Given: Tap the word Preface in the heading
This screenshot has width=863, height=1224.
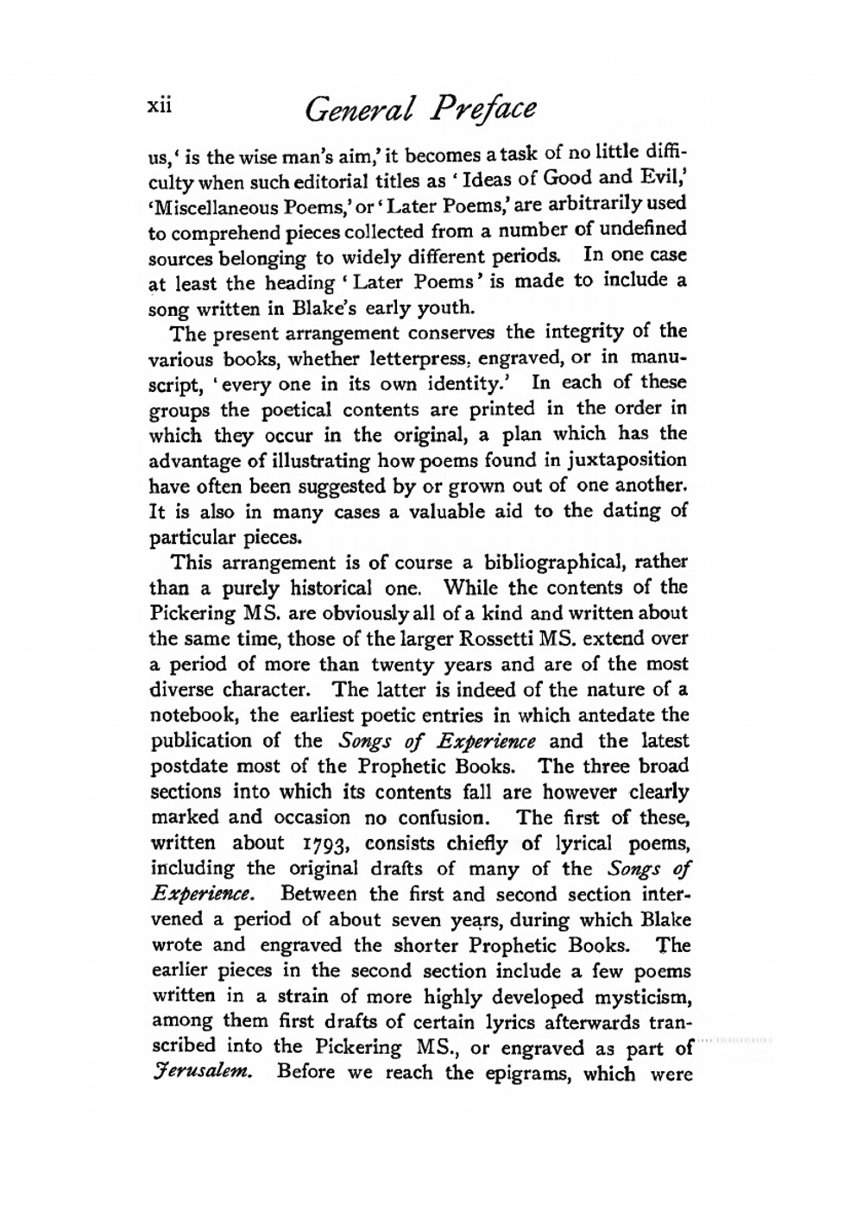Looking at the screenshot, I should click(484, 109).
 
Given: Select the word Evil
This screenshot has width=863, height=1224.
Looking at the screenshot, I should click(661, 179).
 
